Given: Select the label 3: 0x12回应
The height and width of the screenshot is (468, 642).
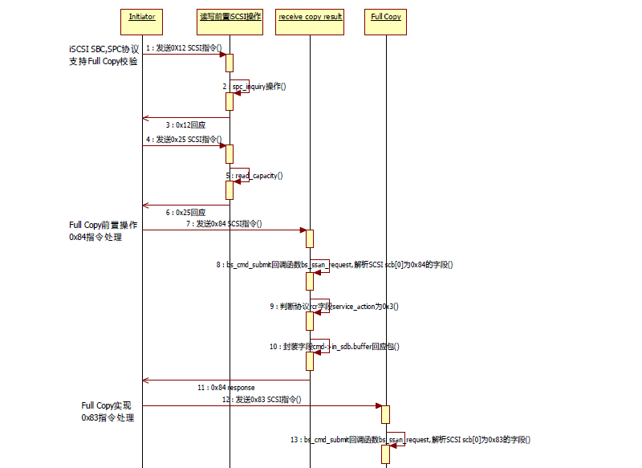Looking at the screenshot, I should tap(185, 125).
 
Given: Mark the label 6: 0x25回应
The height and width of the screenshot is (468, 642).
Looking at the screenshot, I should tap(185, 213).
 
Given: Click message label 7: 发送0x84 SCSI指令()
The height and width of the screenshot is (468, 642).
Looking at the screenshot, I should tap(224, 224).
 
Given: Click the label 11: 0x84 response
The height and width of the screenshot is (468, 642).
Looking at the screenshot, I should tap(226, 387).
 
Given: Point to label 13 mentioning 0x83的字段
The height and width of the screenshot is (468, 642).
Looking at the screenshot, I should tap(410, 440).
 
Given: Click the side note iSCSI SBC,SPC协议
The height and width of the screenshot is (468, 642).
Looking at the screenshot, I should tap(104, 54).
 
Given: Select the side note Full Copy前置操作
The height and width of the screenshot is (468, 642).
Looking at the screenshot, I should tap(103, 231).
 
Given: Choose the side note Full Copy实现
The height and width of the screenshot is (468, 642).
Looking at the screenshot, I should tap(108, 412).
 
